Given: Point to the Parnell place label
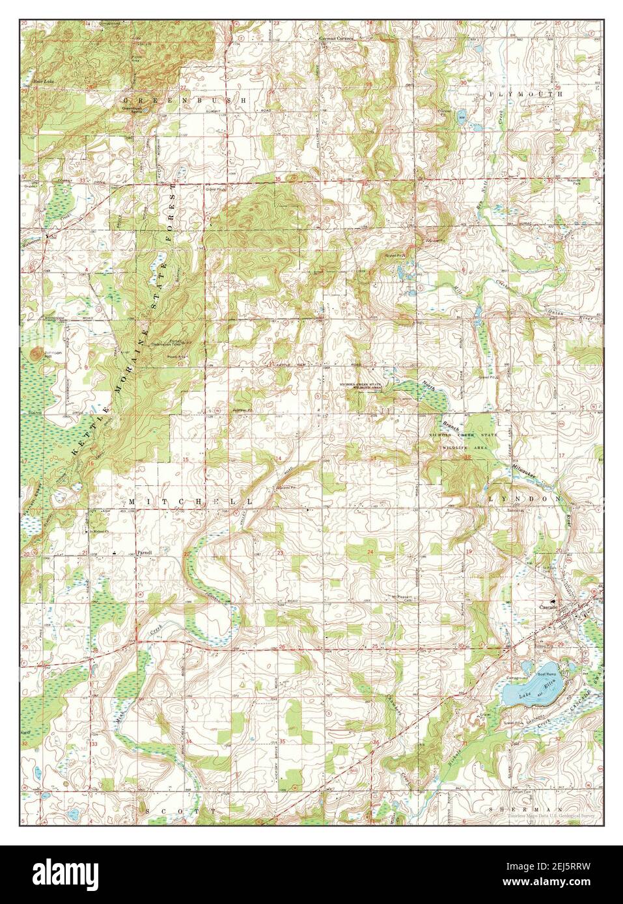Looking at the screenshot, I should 144,552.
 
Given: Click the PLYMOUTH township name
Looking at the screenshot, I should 524,94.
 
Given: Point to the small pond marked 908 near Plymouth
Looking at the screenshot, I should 461,118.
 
